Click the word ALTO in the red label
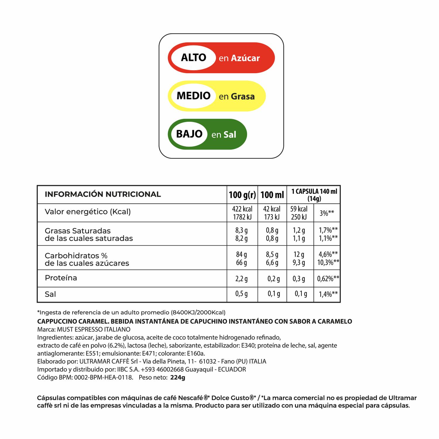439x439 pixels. [193, 57]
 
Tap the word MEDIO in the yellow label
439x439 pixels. [193, 96]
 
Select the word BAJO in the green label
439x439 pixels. [189, 134]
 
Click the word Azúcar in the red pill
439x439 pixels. [245, 58]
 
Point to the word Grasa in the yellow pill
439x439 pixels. [243, 96]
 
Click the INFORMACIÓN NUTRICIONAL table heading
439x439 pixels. [103, 194]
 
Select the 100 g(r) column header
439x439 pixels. [242, 195]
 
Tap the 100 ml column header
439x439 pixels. [272, 195]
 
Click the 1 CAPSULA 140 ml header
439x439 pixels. [314, 192]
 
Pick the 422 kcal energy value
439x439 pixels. [242, 209]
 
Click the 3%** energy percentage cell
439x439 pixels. [327, 213]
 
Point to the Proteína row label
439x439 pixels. [61, 278]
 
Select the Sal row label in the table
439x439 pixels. [50, 294]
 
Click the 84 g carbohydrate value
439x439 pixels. [241, 254]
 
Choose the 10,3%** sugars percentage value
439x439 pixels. [328, 262]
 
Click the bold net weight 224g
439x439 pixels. [178, 378]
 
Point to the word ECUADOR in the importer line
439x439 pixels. [232, 369]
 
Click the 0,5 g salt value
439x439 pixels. [241, 294]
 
